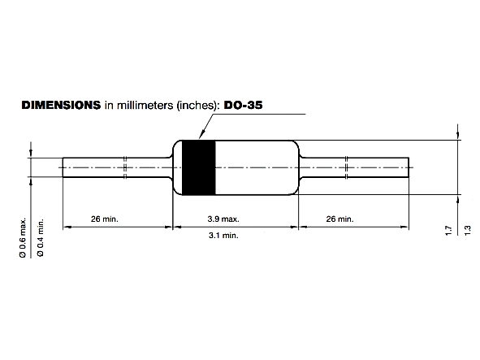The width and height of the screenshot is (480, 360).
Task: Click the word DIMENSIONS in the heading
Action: (61, 105)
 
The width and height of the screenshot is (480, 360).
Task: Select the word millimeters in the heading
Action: (141, 105)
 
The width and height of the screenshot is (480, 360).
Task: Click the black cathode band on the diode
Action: (197, 168)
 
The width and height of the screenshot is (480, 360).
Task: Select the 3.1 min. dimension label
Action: (236, 235)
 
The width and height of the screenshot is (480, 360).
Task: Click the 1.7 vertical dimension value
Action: (449, 232)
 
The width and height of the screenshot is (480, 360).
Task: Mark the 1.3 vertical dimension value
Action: (467, 232)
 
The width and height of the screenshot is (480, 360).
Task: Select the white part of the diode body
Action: (256, 168)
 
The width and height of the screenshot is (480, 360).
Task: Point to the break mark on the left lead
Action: (125, 167)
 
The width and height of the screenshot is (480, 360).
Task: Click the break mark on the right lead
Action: (346, 167)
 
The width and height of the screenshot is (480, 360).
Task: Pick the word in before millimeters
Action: (109, 105)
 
